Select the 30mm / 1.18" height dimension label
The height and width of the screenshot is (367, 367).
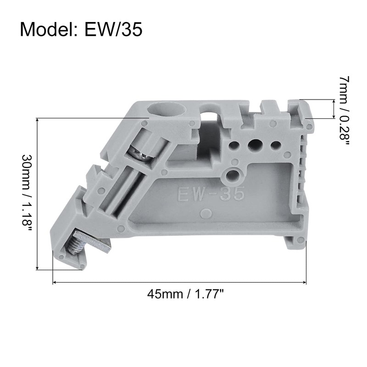coord(26,193)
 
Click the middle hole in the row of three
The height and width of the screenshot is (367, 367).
coord(254,145)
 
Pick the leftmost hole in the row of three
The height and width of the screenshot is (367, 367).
coord(234,145)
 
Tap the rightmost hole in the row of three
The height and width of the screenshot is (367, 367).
coord(275,145)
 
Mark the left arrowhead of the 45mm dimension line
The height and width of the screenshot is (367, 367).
coord(55,282)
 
